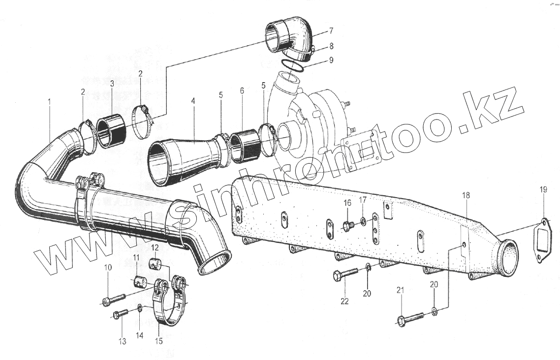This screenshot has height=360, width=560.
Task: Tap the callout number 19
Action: pyautogui.click(x=543, y=190)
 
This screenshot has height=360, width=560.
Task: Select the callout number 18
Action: pyautogui.click(x=466, y=195)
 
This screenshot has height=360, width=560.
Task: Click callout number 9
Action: pyautogui.click(x=331, y=60)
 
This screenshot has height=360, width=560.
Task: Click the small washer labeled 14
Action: pyautogui.click(x=140, y=308)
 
